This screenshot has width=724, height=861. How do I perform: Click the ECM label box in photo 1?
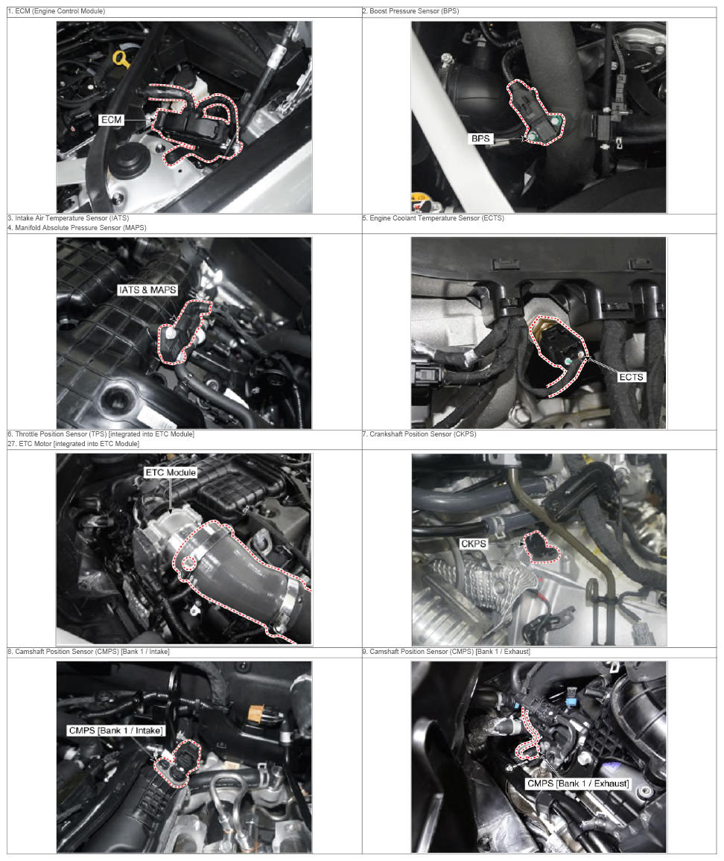pos(112,120)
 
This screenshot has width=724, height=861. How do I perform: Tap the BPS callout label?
pos(480,139)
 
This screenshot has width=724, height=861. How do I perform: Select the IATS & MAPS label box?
pos(147,290)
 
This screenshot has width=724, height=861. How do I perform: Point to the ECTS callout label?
pos(631,377)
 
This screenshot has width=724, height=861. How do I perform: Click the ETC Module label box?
pos(171,472)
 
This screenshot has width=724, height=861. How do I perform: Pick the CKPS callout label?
pos(474,544)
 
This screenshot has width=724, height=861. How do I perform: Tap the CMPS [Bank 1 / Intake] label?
pos(116,731)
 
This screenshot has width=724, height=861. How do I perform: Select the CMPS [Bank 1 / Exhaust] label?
pos(578,784)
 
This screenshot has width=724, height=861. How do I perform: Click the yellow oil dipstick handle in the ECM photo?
pos(121,60)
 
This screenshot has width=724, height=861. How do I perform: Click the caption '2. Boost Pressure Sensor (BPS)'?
pos(411,11)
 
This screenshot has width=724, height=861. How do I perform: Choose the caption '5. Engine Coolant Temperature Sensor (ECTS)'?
pos(434,218)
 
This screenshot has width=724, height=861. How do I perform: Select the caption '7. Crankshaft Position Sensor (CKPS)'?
pos(419,433)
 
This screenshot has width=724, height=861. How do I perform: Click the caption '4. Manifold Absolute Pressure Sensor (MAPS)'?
pos(77,228)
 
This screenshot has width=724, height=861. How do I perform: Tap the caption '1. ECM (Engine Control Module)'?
pos(56,11)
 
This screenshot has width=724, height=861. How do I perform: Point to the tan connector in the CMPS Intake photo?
pos(256,712)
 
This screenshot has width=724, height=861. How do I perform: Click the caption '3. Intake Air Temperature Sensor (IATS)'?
pos(68,218)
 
